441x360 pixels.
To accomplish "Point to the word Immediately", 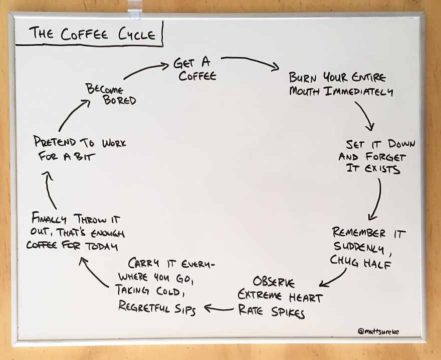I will (x=360, y=92).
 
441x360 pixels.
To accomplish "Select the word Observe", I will (x=274, y=281).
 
